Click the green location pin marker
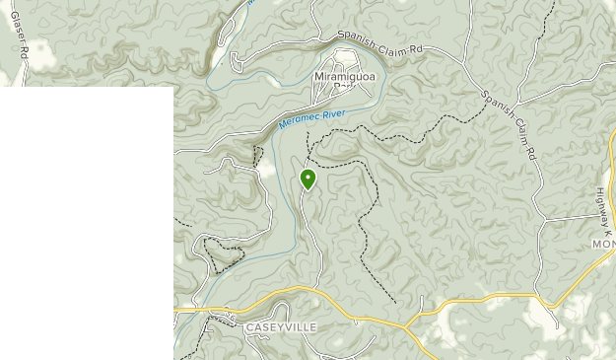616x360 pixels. tap(308, 179)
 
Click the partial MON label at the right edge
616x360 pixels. tap(603, 243)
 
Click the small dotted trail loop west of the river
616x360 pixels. tap(223, 255)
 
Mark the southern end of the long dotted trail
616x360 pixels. tap(395, 301)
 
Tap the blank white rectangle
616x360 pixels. tap(87, 222)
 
